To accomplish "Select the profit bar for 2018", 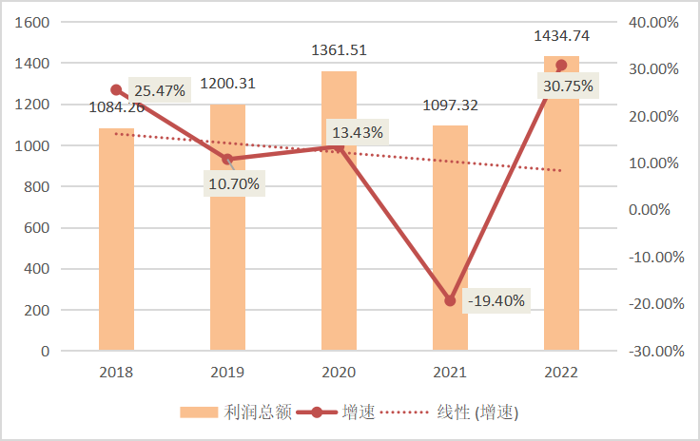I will [116, 247].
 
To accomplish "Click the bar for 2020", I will [339, 238].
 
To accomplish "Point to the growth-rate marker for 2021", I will [450, 300].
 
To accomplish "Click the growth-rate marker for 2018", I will [116, 89].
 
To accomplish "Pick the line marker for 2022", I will [561, 65].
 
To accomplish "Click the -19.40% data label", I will [496, 300].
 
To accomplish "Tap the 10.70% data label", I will [233, 183].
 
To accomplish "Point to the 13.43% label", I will [358, 132].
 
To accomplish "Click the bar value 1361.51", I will [340, 50].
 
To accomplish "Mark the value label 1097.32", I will [450, 105].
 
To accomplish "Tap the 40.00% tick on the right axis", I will [655, 22].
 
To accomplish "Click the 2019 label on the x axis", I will [227, 372].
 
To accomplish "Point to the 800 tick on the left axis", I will [37, 186].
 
